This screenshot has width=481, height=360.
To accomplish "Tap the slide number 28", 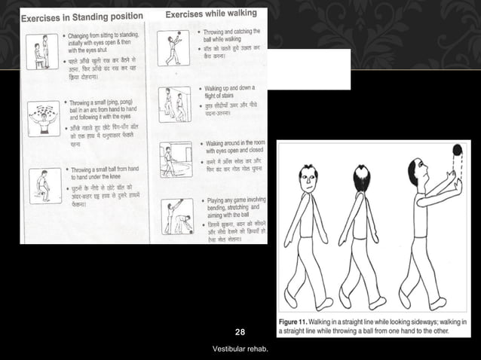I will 240,332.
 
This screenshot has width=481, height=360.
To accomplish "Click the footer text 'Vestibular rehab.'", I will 240,349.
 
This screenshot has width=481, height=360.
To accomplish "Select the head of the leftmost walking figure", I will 305,178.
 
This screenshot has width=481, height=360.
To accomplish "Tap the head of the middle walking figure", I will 364,179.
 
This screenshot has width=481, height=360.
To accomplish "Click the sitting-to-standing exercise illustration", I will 42,53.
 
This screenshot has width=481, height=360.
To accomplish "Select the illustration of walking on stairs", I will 175,103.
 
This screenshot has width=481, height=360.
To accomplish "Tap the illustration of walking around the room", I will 176,159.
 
